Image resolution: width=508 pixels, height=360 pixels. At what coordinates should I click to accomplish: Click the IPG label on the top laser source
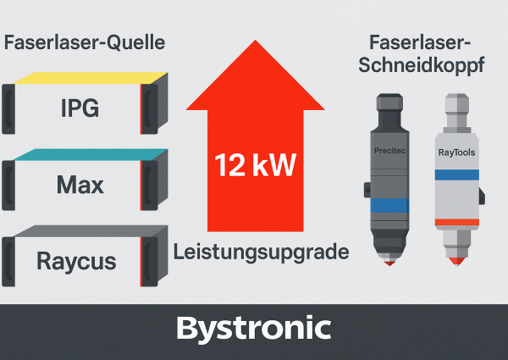click(80, 109)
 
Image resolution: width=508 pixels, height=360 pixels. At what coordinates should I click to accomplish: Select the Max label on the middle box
click(80, 184)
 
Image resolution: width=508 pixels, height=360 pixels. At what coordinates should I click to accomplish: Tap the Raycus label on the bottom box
click(76, 260)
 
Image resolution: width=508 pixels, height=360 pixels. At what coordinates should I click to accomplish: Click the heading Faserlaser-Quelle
click(84, 42)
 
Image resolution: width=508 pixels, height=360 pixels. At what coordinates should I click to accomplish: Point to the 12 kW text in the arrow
click(255, 164)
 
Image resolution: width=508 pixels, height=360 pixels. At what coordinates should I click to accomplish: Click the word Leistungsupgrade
click(261, 252)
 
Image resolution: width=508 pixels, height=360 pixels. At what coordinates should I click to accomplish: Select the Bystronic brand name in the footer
click(254, 328)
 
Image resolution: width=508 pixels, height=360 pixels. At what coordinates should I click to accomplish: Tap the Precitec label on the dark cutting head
click(390, 151)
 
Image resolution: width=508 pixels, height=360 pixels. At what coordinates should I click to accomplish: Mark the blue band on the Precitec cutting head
click(390, 205)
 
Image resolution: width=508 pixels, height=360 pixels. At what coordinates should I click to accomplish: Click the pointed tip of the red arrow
click(255, 42)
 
